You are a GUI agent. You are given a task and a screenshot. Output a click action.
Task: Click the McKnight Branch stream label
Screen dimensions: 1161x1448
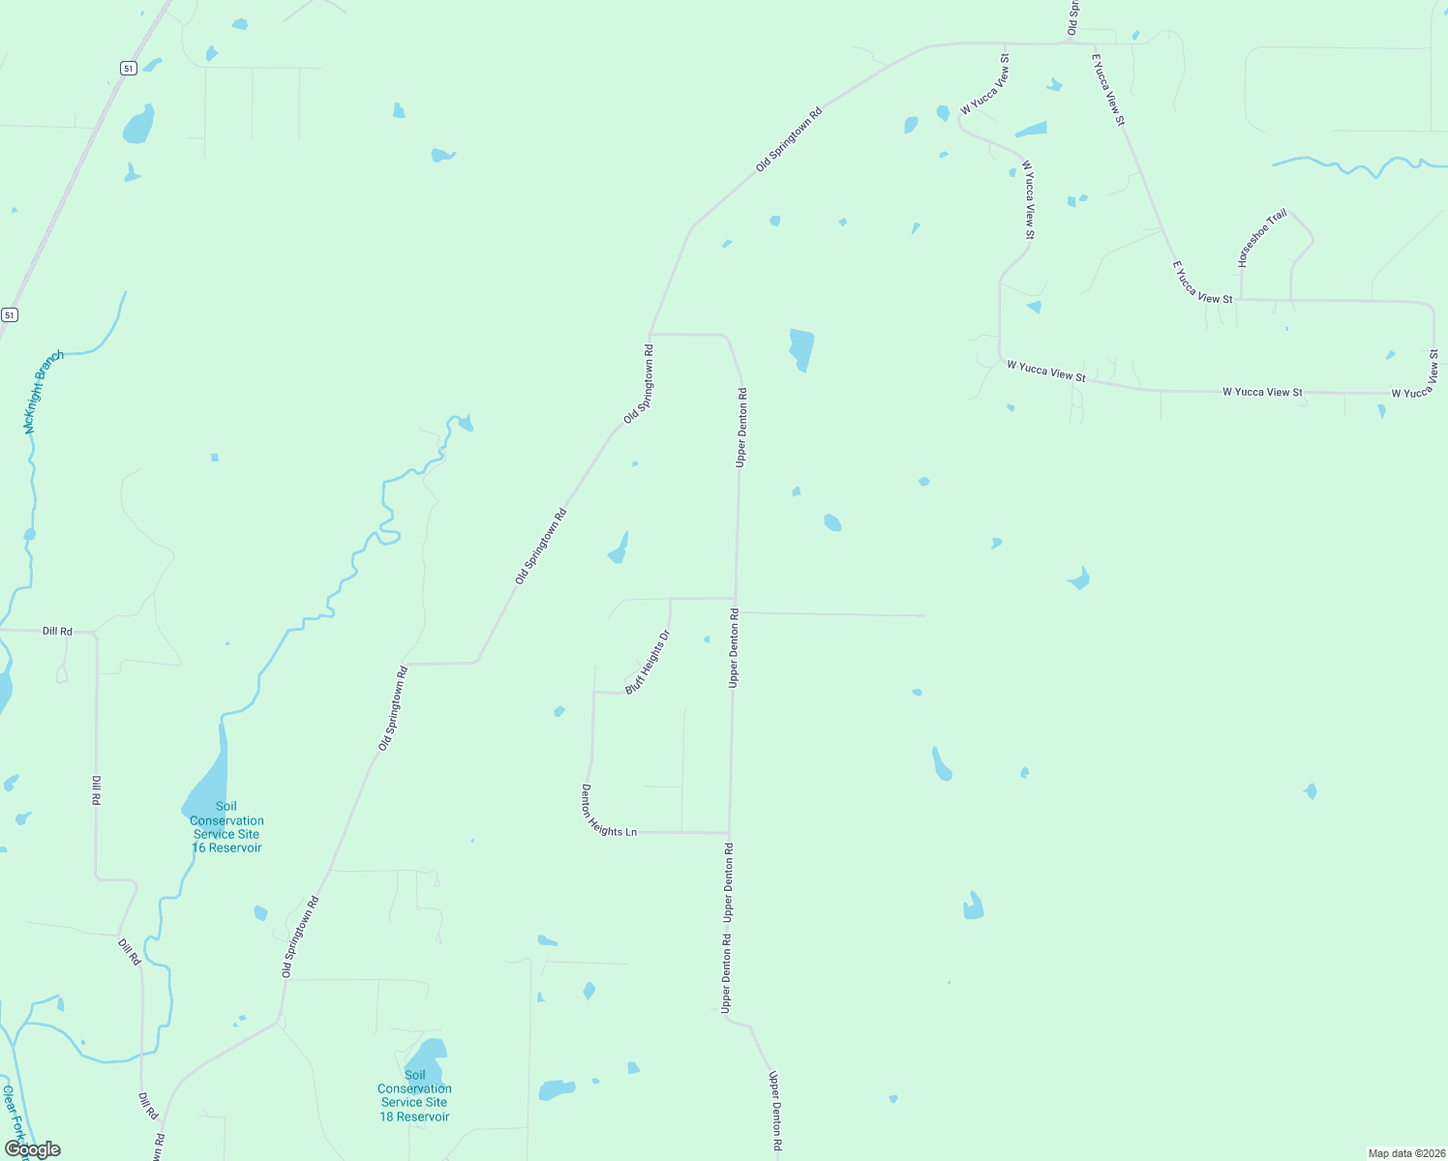pyautogui.click(x=44, y=392)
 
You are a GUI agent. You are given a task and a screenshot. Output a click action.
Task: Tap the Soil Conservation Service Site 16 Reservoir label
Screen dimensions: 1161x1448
pyautogui.click(x=226, y=827)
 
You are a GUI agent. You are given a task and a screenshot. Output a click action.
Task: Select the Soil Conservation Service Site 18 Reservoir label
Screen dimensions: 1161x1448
pyautogui.click(x=414, y=1096)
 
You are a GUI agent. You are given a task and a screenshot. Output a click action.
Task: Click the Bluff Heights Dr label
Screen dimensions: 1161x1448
pyautogui.click(x=648, y=663)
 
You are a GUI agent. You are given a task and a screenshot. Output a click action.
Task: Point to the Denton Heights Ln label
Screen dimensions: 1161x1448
pyautogui.click(x=608, y=811)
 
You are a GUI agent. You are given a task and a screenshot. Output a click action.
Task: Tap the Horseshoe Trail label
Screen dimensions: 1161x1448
pyautogui.click(x=1261, y=238)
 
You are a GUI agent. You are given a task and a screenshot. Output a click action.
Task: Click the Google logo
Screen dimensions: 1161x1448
pyautogui.click(x=32, y=1149)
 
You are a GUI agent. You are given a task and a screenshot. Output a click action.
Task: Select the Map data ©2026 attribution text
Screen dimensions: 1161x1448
pyautogui.click(x=1406, y=1153)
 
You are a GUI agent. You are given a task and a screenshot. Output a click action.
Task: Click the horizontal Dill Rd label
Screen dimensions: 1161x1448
pyautogui.click(x=57, y=631)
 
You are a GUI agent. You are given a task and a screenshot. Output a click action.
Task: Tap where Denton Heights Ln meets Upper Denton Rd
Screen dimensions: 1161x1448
pyautogui.click(x=729, y=833)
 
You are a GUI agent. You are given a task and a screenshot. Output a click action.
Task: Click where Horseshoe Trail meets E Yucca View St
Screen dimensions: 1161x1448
pyautogui.click(x=1241, y=300)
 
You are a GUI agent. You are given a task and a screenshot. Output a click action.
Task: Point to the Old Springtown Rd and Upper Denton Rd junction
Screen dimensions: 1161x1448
pyautogui.click(x=649, y=334)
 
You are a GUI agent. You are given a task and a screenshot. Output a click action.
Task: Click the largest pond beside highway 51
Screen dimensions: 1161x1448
pyautogui.click(x=138, y=125)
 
